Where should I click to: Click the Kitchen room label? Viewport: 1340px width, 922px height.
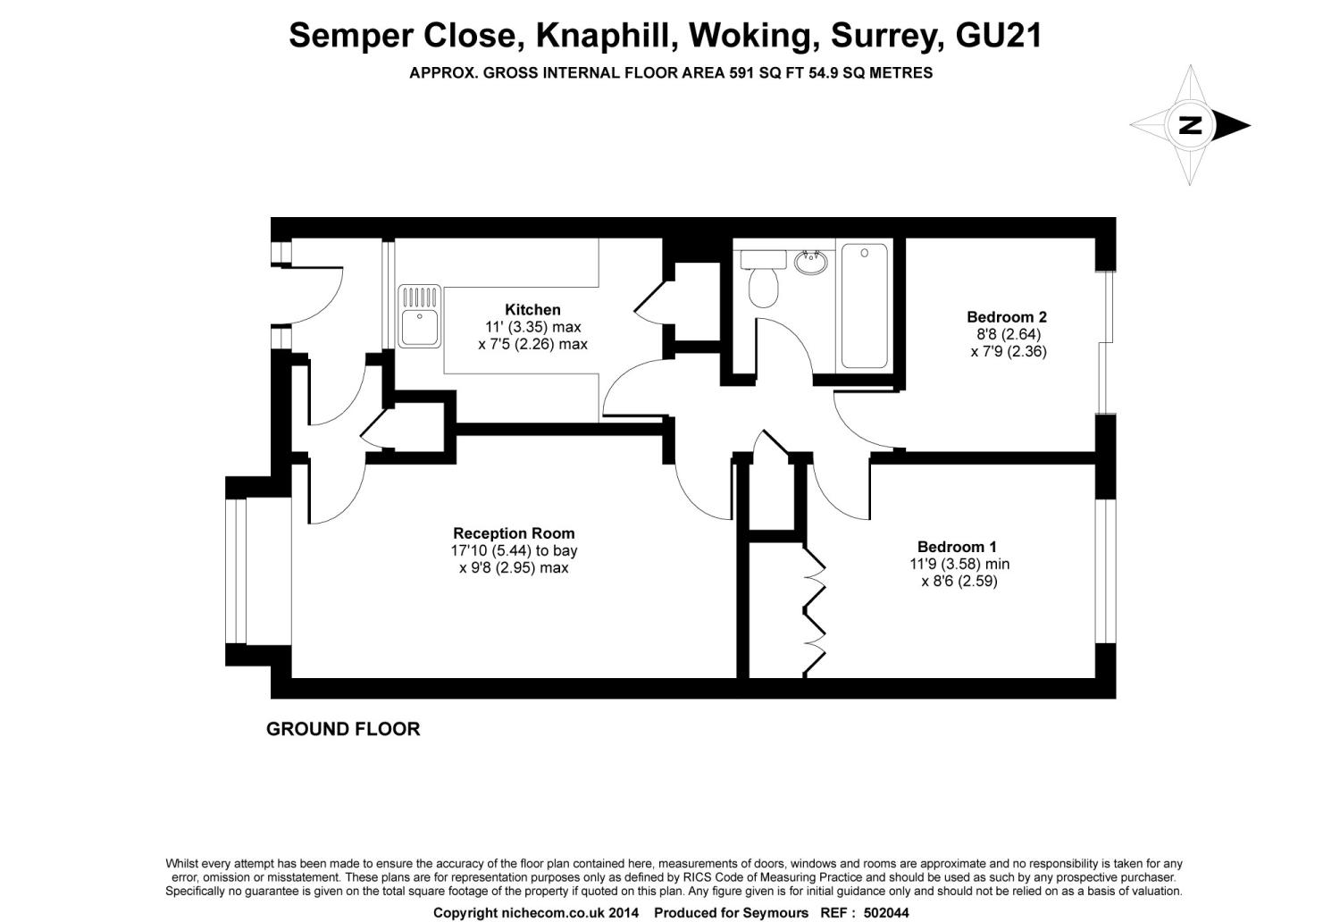tap(532, 309)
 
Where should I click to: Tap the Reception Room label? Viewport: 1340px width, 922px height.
tap(514, 533)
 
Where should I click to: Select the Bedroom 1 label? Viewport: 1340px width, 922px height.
tap(957, 546)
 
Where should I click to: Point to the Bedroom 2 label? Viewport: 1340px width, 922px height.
tap(1007, 316)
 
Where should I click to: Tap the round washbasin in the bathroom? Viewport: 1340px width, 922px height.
tap(811, 262)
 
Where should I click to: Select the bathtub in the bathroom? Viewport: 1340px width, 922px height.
tap(865, 306)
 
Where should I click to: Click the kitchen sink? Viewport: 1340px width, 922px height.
tap(419, 316)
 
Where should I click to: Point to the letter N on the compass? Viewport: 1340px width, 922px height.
tap(1190, 126)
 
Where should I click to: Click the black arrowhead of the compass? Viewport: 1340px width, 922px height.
tap(1231, 126)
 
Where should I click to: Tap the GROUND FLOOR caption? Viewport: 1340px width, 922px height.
tap(343, 729)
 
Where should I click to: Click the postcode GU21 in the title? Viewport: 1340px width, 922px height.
tap(999, 36)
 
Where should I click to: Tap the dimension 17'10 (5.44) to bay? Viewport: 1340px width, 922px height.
tap(514, 550)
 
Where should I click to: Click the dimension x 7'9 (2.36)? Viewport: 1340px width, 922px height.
tap(1009, 351)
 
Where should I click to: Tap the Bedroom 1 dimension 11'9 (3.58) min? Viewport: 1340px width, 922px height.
tap(959, 564)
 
